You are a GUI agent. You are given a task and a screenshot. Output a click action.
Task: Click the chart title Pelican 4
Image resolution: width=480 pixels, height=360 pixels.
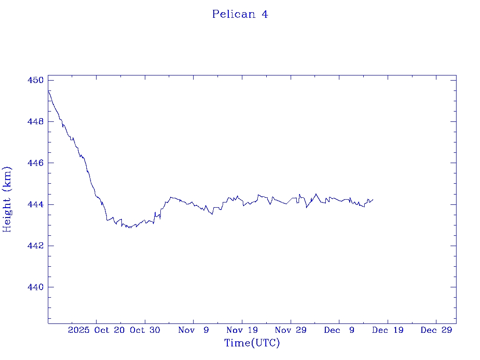point(240,14)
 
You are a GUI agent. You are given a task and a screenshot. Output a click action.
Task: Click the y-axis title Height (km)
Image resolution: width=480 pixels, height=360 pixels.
point(7,199)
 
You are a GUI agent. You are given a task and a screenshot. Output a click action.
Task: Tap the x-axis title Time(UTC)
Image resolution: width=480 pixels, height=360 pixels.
point(252,343)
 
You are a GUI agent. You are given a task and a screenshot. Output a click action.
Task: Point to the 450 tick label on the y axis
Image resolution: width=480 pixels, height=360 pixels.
point(35,80)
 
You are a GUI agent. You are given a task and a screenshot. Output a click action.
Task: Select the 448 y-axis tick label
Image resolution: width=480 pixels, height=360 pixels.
point(35,121)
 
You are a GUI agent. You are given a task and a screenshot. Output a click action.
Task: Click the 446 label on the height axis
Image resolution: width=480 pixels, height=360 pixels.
point(35,163)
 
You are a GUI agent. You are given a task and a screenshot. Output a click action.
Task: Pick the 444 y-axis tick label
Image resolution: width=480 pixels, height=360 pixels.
point(35,204)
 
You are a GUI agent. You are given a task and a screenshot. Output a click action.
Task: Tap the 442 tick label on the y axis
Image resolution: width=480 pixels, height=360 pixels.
point(35,246)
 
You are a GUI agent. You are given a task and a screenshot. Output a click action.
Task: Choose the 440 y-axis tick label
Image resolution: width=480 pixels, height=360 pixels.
point(35,287)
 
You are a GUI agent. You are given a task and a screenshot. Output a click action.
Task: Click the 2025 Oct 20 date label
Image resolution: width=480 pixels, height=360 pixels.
point(96,330)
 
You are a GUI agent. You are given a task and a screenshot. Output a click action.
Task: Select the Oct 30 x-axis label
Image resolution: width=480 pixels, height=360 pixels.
point(145,330)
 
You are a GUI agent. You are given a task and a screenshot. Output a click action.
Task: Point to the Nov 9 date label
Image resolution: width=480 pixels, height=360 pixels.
point(194,330)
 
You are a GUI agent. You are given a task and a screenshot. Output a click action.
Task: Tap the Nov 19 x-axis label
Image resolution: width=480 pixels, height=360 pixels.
point(242,330)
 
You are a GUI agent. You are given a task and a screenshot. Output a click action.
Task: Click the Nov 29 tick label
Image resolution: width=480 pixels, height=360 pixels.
point(291,330)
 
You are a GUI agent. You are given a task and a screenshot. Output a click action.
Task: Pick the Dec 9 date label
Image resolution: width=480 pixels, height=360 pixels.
point(339,330)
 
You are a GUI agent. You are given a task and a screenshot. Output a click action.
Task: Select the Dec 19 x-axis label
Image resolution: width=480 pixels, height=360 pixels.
point(388,330)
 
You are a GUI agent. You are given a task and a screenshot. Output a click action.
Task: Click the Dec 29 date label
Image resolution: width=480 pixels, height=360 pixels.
point(436,330)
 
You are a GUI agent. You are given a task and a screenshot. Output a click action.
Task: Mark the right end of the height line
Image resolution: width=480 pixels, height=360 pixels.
point(373,199)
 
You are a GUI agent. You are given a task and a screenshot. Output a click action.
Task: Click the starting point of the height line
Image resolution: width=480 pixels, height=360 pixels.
point(48,90)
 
